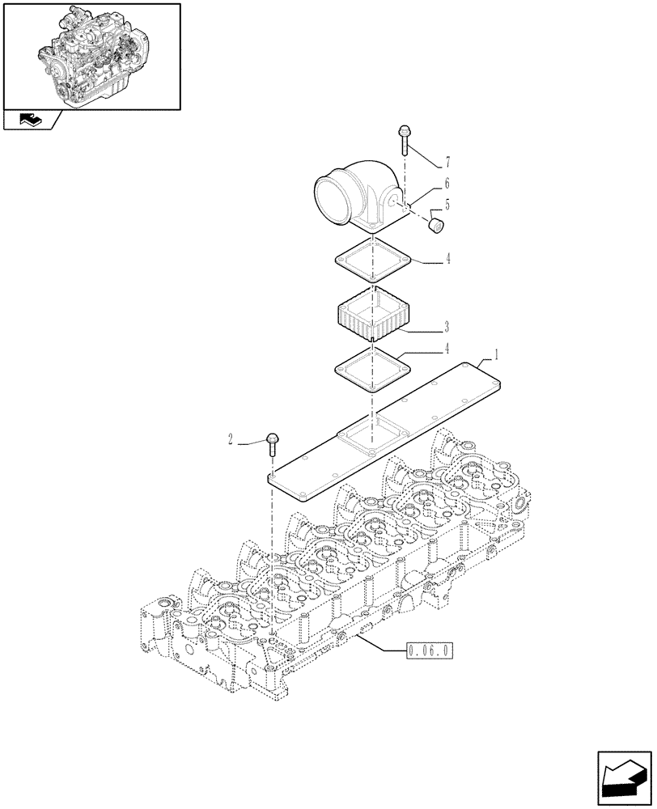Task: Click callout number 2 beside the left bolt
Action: pos(231,440)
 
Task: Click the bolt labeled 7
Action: pos(404,141)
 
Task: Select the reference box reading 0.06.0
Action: pos(427,650)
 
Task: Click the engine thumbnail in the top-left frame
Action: pos(91,55)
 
